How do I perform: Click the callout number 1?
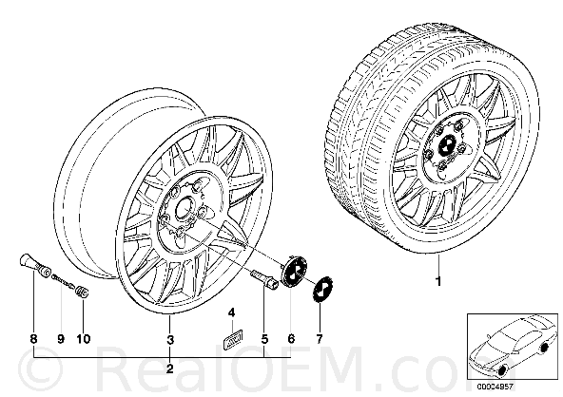[x=437, y=281]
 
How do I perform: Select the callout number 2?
[x=170, y=369]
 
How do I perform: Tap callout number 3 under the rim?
[x=170, y=339]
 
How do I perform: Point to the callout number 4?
[x=232, y=312]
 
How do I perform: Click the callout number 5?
[x=264, y=339]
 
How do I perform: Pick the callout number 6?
[x=291, y=338]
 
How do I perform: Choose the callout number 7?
[x=320, y=338]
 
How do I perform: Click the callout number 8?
[x=33, y=339]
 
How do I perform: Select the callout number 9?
[x=61, y=339]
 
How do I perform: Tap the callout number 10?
[x=84, y=339]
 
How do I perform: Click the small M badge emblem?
[x=233, y=336]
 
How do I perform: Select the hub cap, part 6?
[x=294, y=271]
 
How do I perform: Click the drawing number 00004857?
[x=495, y=387]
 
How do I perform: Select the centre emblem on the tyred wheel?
[x=447, y=145]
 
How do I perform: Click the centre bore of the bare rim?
[x=184, y=208]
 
